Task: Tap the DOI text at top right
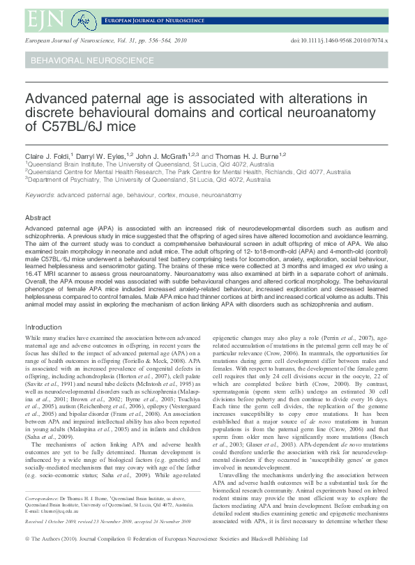(340, 42)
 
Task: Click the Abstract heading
(38, 217)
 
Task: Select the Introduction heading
(43, 327)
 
